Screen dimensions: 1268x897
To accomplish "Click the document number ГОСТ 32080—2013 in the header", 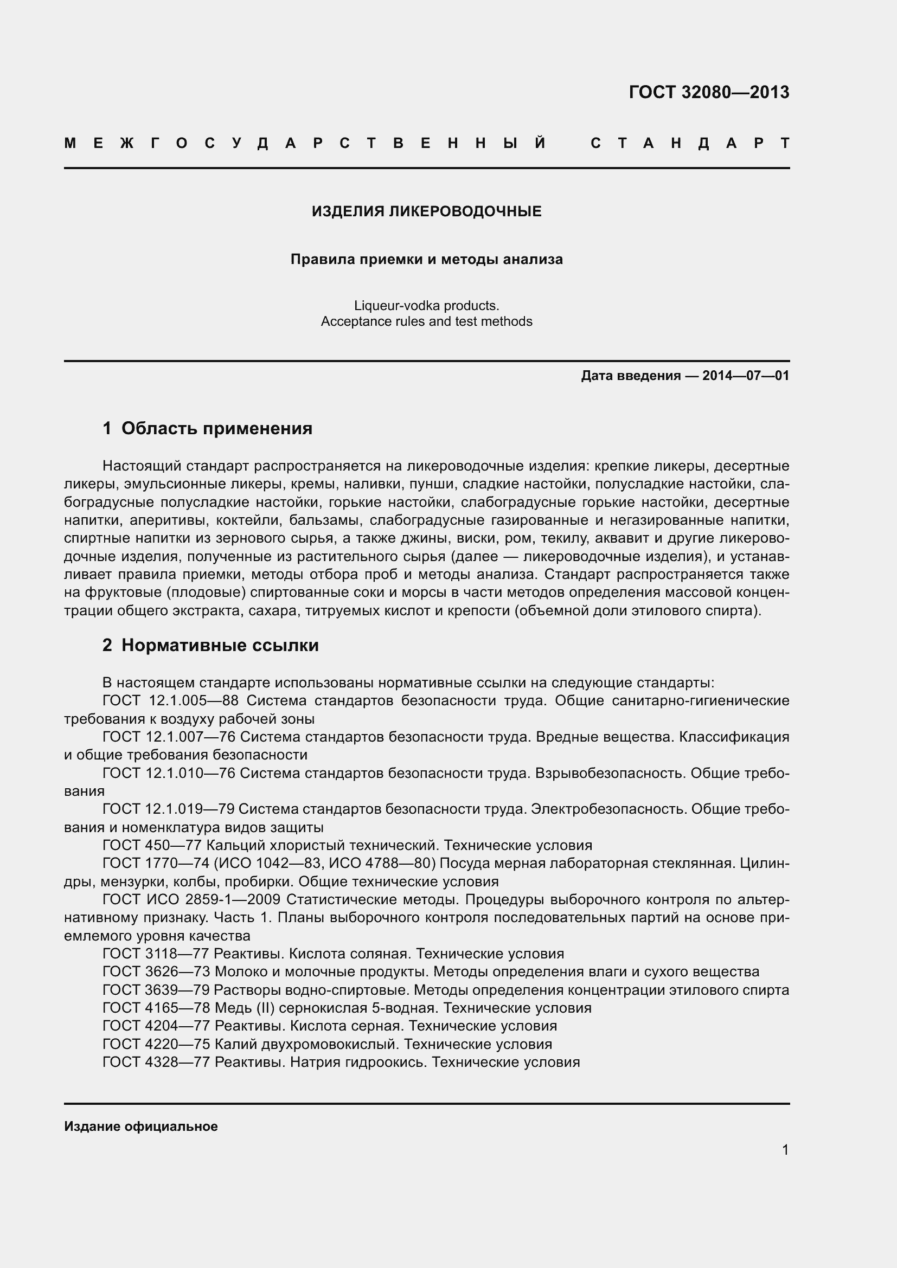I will (x=709, y=92).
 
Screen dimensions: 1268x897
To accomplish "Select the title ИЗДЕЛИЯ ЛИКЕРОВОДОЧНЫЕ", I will (x=426, y=211).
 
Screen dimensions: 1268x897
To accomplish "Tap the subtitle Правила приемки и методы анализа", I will (x=426, y=260).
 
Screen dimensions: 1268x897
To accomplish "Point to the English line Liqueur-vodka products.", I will (x=426, y=305).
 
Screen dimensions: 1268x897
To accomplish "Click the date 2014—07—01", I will (x=745, y=376).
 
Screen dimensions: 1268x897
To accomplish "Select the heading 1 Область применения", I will (x=208, y=429).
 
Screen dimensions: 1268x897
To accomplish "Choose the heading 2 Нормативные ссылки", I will (x=210, y=646).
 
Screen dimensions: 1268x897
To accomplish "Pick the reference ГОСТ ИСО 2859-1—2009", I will (x=191, y=900).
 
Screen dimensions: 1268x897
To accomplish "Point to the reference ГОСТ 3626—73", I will (x=156, y=972).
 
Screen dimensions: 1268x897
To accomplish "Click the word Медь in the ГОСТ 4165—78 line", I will (x=234, y=1008).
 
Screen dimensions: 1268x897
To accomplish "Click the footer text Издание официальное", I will (x=141, y=1127).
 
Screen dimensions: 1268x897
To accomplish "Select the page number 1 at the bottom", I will (x=785, y=1150).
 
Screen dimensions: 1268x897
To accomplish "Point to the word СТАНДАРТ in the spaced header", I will (x=690, y=144).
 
